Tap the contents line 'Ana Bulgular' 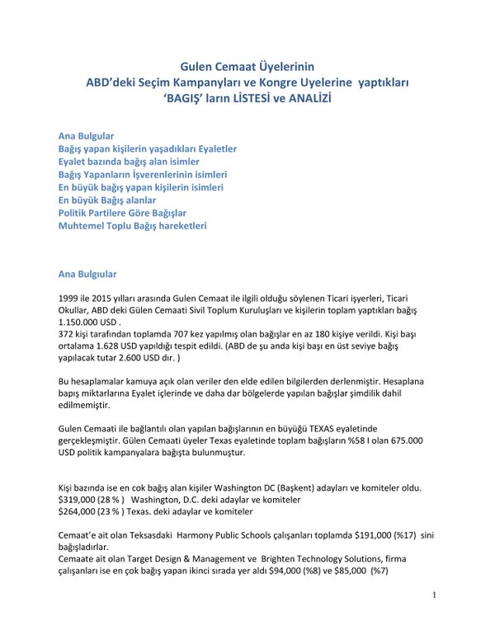pos(86,134)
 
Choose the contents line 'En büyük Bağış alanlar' pos(107,200)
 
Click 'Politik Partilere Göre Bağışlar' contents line pos(122,213)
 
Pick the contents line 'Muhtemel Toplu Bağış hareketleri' pos(132,225)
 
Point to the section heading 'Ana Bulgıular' pos(87,273)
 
